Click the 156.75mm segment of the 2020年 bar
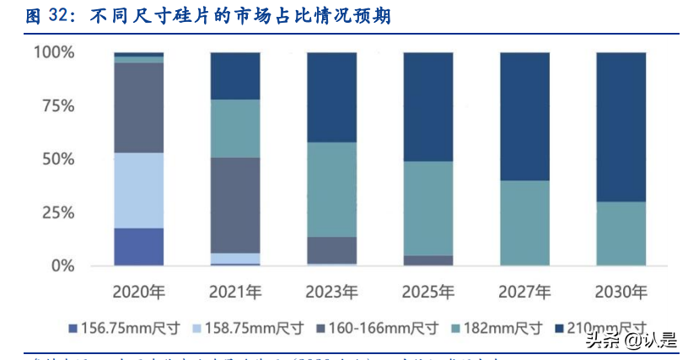pyautogui.click(x=139, y=246)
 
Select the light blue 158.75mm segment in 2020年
pyautogui.click(x=139, y=190)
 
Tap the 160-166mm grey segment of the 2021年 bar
pyautogui.click(x=235, y=205)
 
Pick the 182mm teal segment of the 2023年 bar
pyautogui.click(x=331, y=189)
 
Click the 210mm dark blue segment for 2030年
pyautogui.click(x=621, y=126)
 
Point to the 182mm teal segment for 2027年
pyautogui.click(x=524, y=223)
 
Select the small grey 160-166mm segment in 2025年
pyautogui.click(x=427, y=261)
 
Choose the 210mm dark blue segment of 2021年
pyautogui.click(x=235, y=76)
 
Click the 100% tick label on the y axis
pyautogui.click(x=54, y=52)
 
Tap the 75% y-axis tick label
pyautogui.click(x=58, y=106)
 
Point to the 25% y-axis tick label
pyautogui.click(x=58, y=212)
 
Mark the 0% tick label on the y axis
pyautogui.click(x=63, y=266)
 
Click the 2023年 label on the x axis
pyautogui.click(x=331, y=292)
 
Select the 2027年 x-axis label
pyautogui.click(x=524, y=292)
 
